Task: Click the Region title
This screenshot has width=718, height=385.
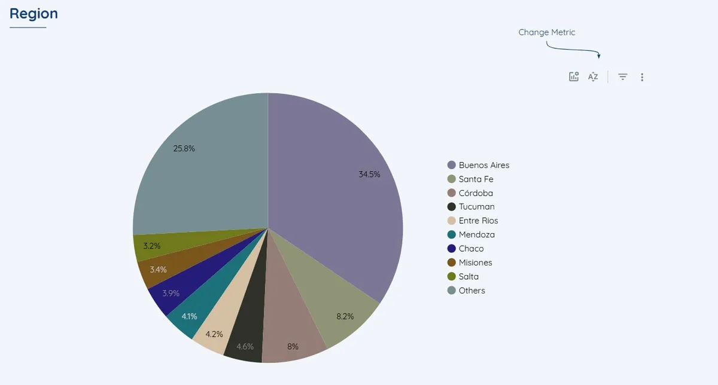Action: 34,14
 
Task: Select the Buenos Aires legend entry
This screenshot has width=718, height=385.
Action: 483,165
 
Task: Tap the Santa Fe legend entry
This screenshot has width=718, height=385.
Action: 476,179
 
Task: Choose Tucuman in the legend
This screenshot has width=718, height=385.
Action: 476,207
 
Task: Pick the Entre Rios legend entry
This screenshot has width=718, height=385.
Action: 478,221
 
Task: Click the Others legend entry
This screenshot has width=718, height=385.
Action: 471,291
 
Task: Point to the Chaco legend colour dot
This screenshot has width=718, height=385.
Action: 452,249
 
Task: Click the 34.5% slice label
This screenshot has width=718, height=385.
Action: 369,175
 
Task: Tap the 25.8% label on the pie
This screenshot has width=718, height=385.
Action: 184,148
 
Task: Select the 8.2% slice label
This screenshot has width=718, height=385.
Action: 345,316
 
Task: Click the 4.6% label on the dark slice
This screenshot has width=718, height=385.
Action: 245,347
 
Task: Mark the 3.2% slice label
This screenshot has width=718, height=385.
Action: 151,246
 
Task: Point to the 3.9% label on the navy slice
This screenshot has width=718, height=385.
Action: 171,293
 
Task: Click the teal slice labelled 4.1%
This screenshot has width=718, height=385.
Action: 189,316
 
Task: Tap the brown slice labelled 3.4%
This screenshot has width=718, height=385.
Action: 158,270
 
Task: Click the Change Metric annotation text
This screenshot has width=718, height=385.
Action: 546,32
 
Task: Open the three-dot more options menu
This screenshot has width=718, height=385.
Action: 642,77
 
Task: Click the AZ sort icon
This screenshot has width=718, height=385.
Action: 593,77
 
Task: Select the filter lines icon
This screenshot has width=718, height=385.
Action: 623,77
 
